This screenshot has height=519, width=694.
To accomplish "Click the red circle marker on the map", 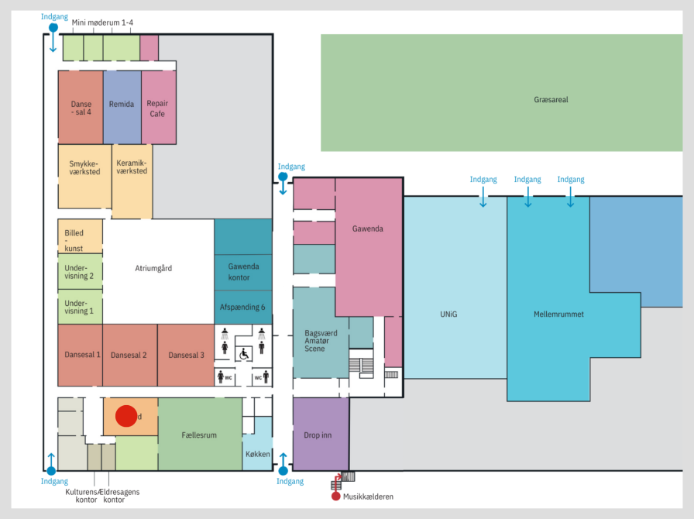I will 126,416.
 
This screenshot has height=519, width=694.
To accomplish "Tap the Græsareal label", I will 551,100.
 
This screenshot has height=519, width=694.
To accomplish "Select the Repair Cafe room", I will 158,108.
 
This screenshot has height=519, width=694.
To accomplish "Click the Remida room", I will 122,105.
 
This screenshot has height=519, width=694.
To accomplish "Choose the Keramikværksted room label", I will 132,167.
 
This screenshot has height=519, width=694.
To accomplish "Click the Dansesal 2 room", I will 129,355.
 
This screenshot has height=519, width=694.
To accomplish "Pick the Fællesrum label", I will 199,435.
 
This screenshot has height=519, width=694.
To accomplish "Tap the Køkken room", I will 256,455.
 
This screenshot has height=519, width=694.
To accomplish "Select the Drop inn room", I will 318,435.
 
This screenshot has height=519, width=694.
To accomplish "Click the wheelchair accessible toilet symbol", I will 243,353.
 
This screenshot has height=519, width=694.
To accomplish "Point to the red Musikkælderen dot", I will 336,496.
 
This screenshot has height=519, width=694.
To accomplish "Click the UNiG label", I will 449,314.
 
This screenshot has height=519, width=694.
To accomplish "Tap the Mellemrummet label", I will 558,314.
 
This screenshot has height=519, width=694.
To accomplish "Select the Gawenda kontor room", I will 243,272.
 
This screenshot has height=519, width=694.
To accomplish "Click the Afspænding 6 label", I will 242,308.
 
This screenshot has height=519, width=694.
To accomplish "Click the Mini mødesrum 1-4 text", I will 102,23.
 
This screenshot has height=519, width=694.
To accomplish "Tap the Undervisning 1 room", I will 79,307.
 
